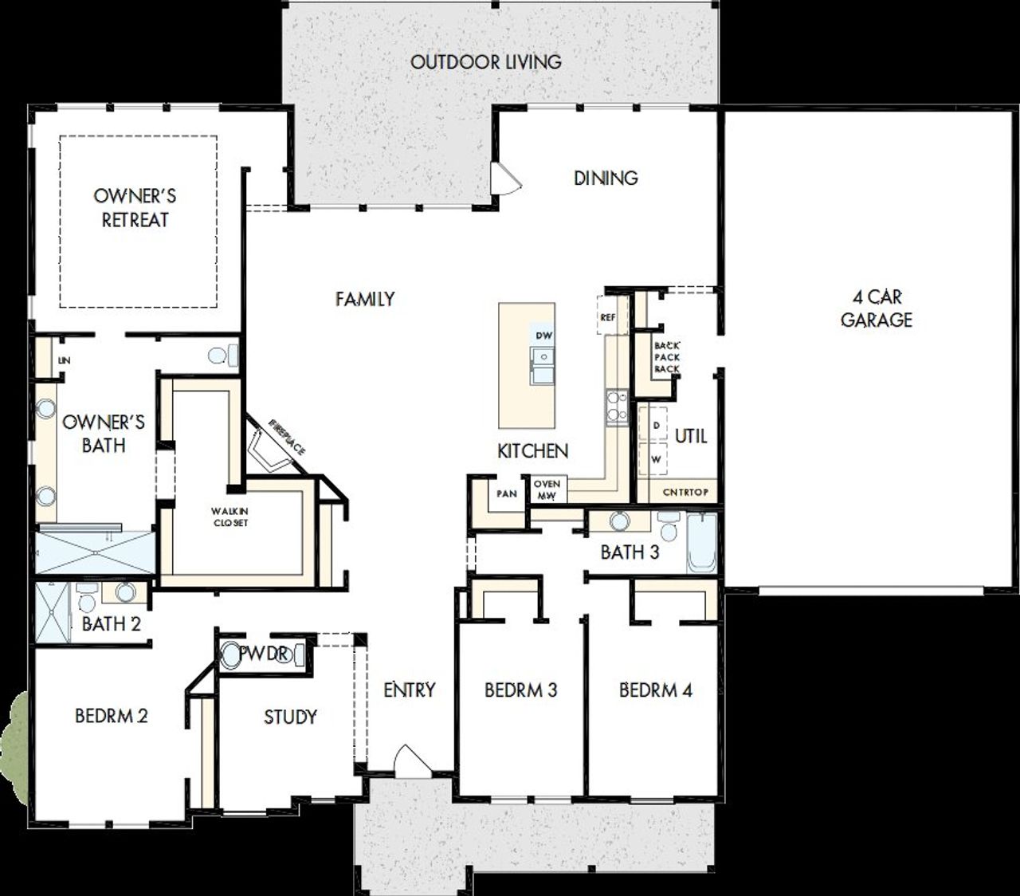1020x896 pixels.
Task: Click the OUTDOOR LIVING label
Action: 485,61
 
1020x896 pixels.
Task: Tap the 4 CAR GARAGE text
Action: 876,308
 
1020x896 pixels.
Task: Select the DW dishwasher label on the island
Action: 543,336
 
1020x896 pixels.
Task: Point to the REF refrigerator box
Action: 608,316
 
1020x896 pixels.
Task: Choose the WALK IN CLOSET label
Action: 229,517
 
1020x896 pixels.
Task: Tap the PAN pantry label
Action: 507,493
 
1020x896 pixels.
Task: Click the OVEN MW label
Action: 547,489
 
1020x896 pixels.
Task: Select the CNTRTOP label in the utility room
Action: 685,492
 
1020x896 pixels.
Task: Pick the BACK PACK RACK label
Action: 667,357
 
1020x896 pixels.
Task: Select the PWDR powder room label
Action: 263,654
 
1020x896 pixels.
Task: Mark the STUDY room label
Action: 290,717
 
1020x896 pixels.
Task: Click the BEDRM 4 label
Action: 655,690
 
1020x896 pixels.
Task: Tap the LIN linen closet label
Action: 64,361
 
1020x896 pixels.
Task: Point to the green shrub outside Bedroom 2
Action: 14,737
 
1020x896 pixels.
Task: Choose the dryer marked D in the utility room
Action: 656,426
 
